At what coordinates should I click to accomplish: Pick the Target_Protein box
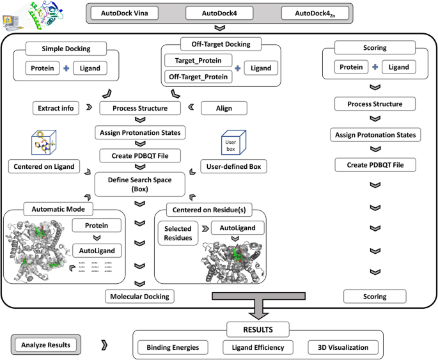point(193,60)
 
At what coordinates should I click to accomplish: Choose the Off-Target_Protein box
point(198,76)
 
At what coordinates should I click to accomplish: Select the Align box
point(224,108)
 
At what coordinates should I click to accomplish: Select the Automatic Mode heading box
point(57,208)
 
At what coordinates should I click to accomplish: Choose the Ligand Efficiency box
point(258,348)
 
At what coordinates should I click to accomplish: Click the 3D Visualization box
point(338,348)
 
